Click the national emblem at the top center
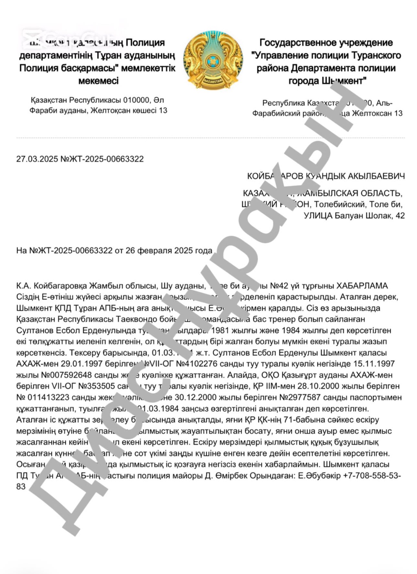coord(213,60)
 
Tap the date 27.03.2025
coord(37,159)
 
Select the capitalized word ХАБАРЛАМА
coord(362,286)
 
